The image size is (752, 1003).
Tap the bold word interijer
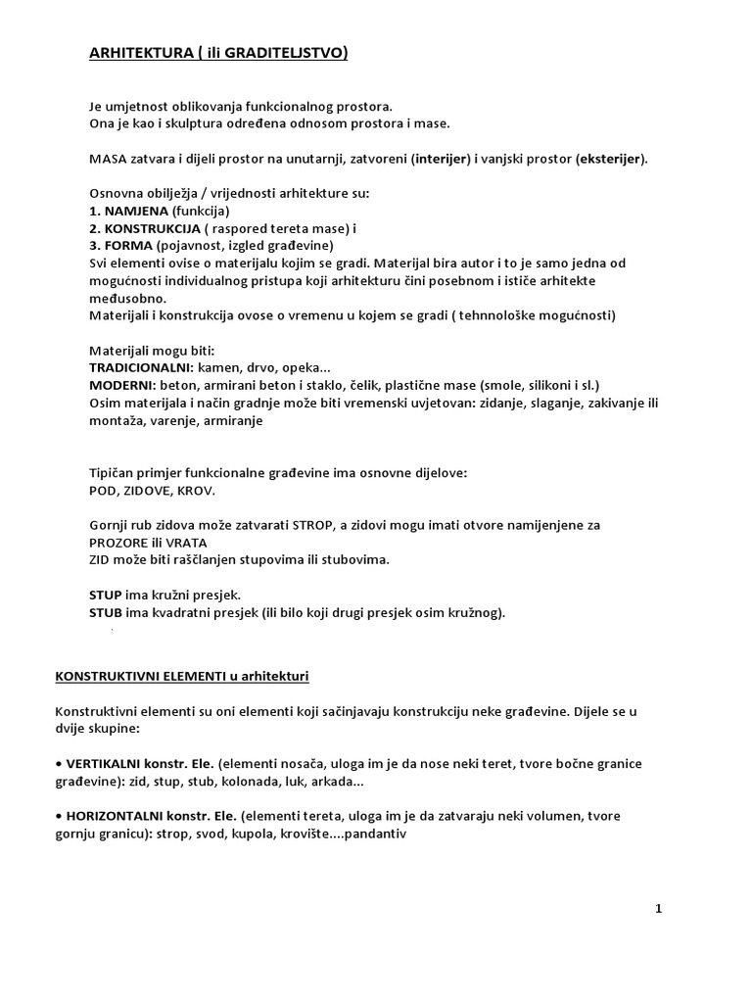[443, 159]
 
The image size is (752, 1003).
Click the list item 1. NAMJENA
[127, 211]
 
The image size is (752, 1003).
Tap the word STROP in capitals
[313, 525]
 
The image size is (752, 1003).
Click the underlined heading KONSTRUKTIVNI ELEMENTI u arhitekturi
[181, 676]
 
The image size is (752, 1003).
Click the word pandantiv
[373, 834]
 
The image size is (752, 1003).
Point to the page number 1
[659, 908]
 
